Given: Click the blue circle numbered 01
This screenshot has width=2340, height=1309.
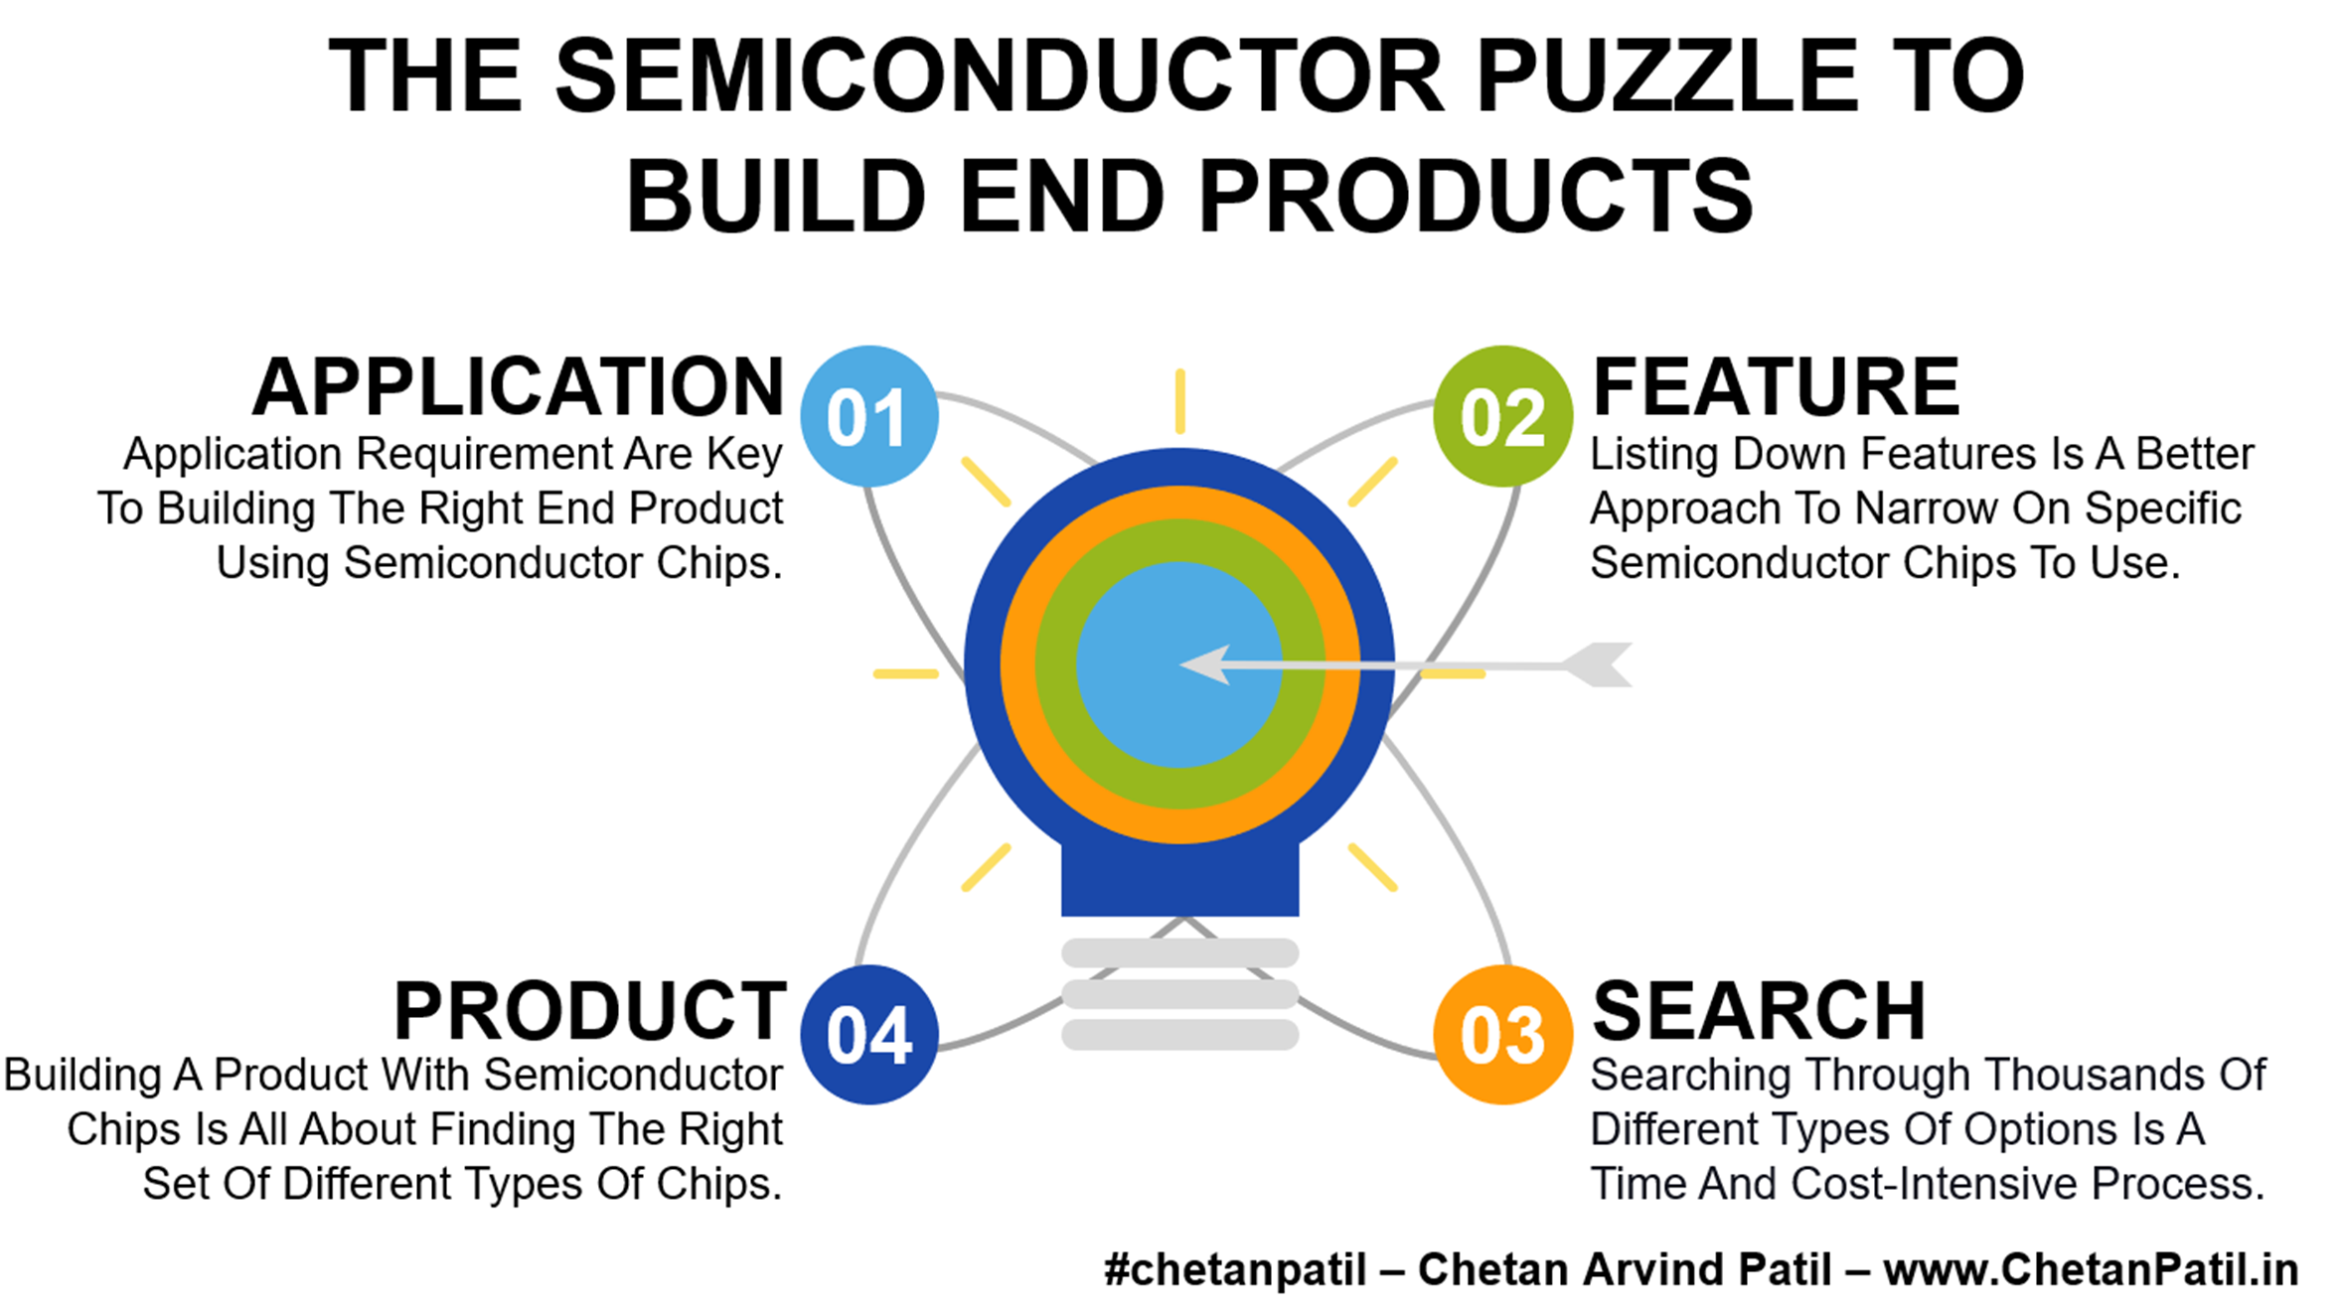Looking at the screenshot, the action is click(869, 416).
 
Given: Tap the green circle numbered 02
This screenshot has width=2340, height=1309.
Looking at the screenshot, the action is click(1502, 416).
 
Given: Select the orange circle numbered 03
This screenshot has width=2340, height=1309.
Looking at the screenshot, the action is click(1502, 1034).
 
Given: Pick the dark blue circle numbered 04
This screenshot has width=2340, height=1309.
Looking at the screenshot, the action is click(869, 1034).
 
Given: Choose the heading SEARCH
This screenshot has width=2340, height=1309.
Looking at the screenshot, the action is click(1759, 1011).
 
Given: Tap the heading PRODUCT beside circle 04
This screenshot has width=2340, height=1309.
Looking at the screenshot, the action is click(590, 1011).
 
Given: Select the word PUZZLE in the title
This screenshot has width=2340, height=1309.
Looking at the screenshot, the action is click(1667, 75).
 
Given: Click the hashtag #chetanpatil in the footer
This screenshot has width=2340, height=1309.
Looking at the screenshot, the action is click(1235, 1270).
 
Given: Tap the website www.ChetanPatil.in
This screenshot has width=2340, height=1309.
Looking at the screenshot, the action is click(2091, 1270).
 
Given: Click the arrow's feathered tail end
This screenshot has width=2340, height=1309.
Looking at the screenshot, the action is click(1597, 664).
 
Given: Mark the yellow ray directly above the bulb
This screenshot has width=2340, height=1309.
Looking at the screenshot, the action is click(1179, 401).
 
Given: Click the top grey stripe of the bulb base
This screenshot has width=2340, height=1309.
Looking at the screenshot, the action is click(1179, 953).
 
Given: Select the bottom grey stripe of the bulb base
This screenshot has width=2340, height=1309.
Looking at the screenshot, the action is click(1179, 1035).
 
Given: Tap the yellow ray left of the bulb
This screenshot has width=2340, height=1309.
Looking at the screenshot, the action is click(905, 674).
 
